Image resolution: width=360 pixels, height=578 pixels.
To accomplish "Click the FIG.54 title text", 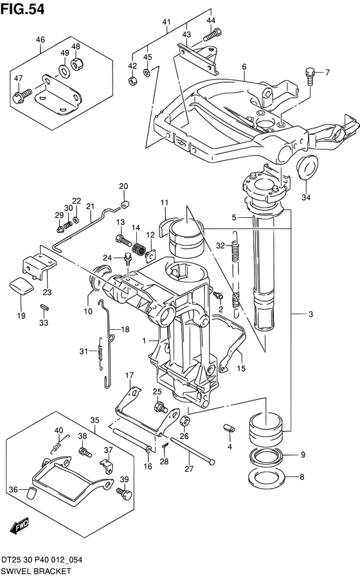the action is [x=22, y=9].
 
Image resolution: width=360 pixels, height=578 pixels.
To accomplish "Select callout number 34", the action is [x=306, y=197].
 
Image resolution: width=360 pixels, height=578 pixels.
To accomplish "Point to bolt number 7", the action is [x=309, y=77].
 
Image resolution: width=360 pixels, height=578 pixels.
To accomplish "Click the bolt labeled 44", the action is [x=212, y=35].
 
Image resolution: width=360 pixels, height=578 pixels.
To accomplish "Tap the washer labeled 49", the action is [x=64, y=70].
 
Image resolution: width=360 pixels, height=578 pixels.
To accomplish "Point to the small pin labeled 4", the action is [x=229, y=428].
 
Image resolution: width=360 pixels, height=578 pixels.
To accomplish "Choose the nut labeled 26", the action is [x=185, y=420].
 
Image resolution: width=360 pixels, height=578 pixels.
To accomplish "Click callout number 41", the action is [x=166, y=23].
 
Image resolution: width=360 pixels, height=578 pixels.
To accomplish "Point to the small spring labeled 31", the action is [x=100, y=353].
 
